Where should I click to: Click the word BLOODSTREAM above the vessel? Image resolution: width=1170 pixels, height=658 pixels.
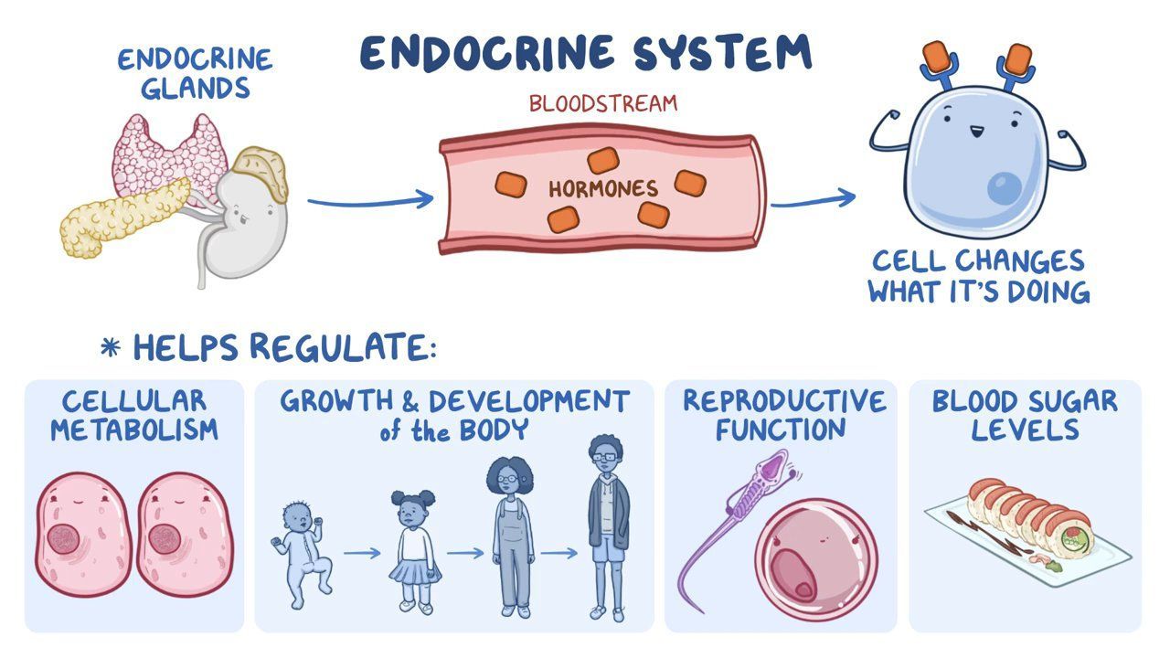[603, 102]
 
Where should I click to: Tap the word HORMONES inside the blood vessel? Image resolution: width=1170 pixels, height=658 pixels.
[603, 189]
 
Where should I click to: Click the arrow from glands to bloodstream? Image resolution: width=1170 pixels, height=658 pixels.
[370, 199]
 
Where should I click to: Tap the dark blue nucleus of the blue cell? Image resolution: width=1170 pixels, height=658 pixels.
[1008, 187]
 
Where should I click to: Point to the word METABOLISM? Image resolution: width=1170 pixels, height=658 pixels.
[134, 430]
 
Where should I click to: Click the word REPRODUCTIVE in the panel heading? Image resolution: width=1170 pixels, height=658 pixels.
[784, 401]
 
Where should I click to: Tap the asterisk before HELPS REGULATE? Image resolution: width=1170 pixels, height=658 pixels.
[111, 348]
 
